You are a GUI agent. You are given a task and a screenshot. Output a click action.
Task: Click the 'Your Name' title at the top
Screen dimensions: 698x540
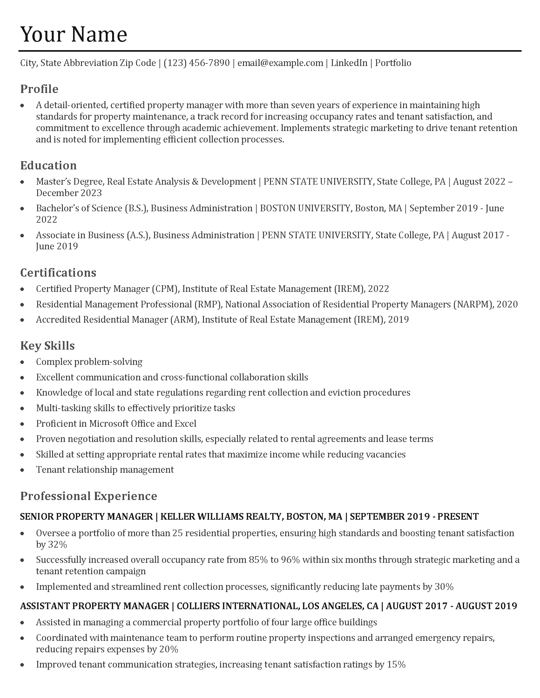click(74, 34)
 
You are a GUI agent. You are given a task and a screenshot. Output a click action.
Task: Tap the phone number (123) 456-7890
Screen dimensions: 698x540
click(196, 63)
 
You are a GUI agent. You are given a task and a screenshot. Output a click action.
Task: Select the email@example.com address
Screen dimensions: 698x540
click(280, 63)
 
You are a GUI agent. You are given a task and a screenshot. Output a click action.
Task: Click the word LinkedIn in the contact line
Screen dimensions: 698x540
click(349, 63)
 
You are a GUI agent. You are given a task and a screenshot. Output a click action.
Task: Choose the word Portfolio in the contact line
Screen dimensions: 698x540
click(393, 63)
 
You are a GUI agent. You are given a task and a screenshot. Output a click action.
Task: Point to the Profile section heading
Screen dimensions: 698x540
click(39, 89)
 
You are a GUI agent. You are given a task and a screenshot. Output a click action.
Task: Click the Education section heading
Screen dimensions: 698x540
click(48, 165)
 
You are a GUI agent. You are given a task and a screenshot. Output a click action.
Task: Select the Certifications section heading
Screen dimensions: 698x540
click(58, 273)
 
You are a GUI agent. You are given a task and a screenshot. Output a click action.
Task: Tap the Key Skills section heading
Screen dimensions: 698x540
click(47, 346)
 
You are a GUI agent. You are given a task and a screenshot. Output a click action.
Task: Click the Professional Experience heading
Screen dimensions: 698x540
click(89, 496)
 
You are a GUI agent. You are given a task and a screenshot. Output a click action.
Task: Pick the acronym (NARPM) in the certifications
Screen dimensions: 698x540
click(473, 304)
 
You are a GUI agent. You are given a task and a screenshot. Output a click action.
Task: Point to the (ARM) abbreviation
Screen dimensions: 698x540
click(185, 319)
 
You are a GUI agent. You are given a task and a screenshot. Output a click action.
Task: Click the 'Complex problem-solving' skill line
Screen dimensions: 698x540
click(89, 362)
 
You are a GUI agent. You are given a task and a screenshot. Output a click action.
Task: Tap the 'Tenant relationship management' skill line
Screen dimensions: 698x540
click(105, 470)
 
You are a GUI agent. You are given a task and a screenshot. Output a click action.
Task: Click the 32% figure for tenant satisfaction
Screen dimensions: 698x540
click(57, 544)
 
